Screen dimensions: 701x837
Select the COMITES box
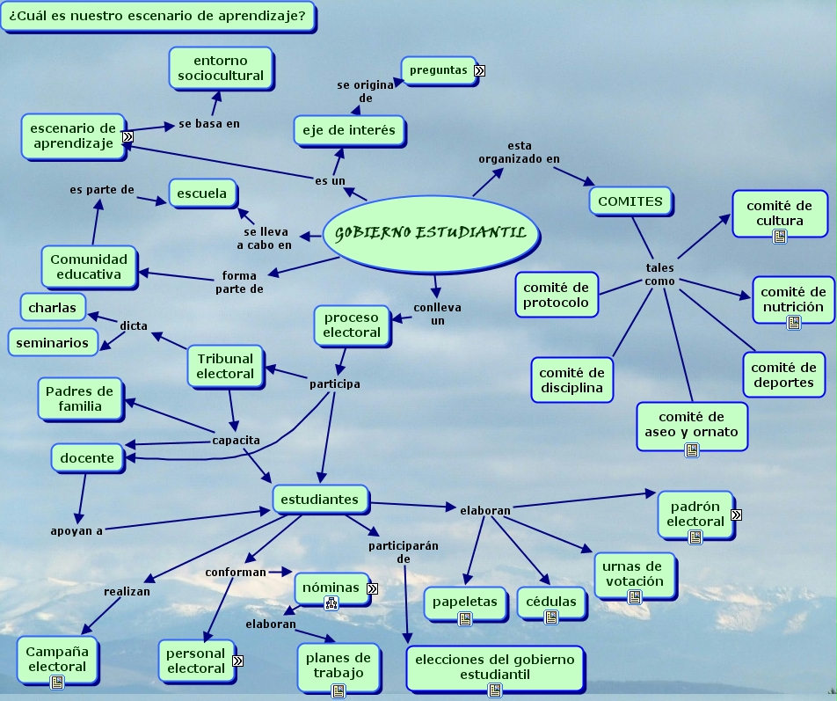coord(630,201)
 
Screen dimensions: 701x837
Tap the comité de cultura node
coord(779,213)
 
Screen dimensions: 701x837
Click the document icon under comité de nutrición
coord(793,323)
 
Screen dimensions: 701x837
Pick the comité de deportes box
coord(783,375)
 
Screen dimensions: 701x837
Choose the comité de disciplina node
coord(571,380)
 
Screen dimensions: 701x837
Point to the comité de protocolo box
coord(556,295)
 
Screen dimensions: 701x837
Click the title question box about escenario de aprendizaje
coord(157,16)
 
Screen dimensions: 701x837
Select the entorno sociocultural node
coord(220,69)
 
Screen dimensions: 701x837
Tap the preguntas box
coord(438,70)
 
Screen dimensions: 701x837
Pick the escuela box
coord(202,194)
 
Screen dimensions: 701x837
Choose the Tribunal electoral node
coord(225,366)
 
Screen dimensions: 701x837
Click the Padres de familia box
coord(80,398)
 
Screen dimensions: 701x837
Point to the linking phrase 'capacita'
coord(236,440)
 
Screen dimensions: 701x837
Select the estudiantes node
coord(319,500)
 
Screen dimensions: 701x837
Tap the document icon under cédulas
coord(551,617)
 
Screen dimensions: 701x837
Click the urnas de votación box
coord(633,573)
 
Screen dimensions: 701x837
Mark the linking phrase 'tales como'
coord(659,274)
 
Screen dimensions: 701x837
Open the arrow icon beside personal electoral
coord(237,661)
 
